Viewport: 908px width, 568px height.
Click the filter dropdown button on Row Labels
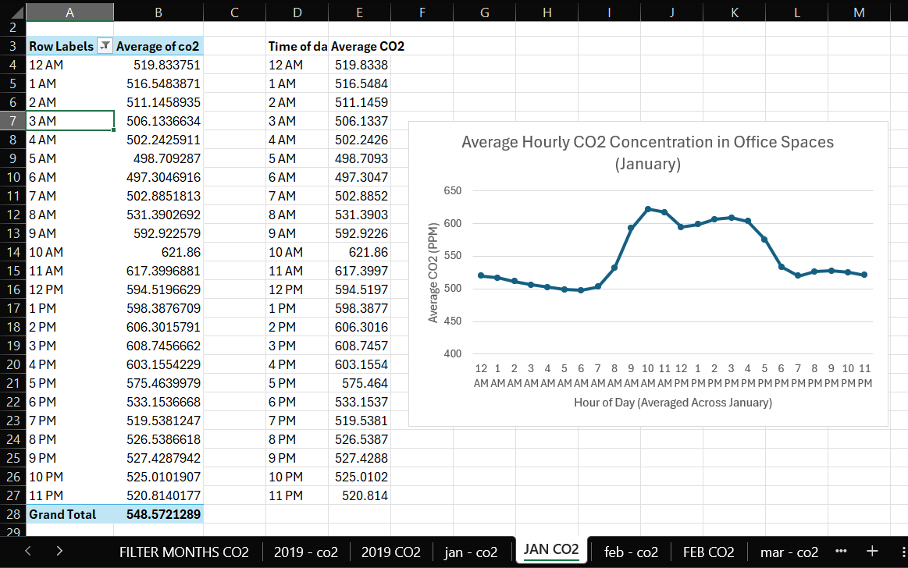[105, 47]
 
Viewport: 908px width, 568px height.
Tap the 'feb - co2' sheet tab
[631, 552]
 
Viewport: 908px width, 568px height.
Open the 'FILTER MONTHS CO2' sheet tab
[183, 552]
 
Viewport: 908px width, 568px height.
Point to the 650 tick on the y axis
[453, 191]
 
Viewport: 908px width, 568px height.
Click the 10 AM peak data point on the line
[648, 209]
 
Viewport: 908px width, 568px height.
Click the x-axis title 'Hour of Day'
[672, 403]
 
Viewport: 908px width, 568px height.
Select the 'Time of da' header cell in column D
[297, 47]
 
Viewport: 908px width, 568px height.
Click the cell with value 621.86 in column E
[360, 252]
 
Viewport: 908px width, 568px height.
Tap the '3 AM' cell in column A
[70, 121]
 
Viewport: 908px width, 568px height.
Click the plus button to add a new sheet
[872, 551]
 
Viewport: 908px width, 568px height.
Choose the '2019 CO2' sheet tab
[390, 552]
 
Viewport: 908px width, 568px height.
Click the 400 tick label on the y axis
[453, 353]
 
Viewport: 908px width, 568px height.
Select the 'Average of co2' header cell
[158, 47]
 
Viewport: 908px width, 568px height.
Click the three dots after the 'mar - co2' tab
[841, 551]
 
